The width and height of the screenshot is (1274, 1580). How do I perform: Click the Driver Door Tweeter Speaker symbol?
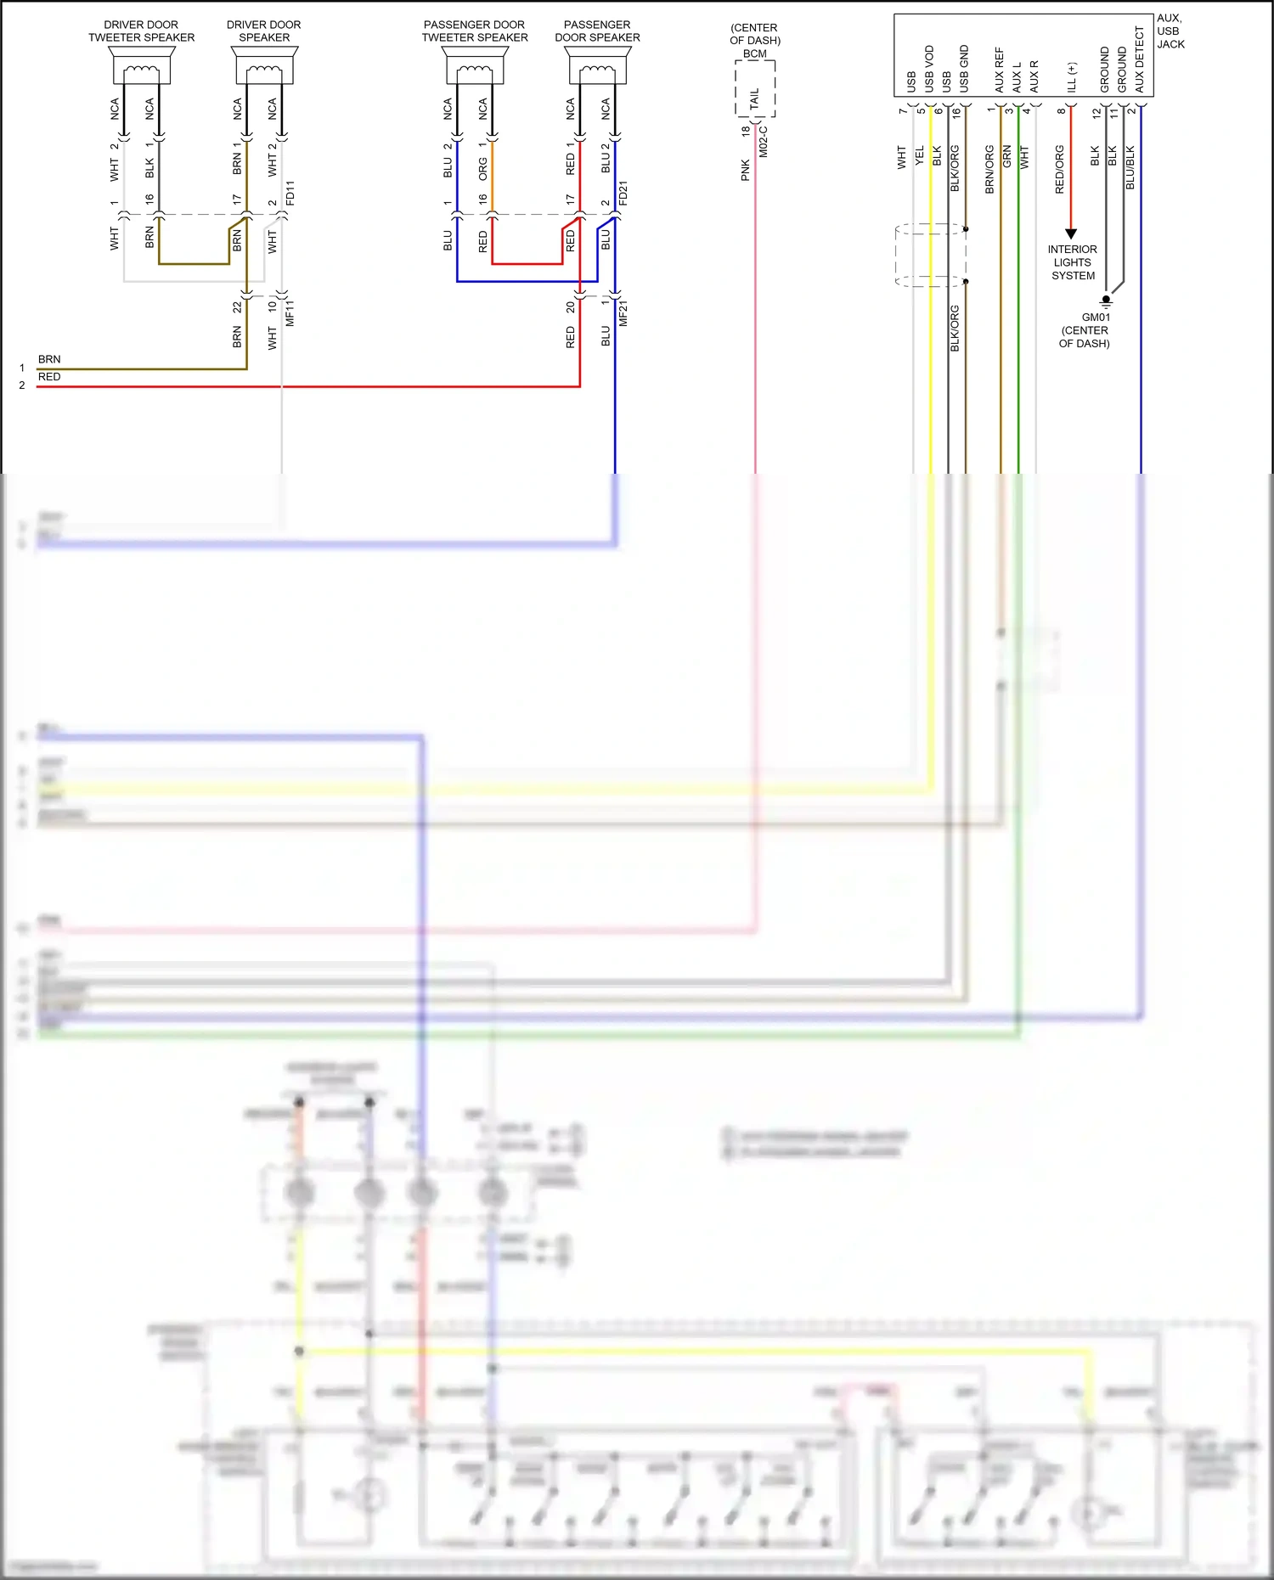click(142, 65)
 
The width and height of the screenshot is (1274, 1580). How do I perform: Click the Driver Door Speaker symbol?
click(264, 65)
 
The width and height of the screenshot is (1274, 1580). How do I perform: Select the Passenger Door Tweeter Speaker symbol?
click(475, 65)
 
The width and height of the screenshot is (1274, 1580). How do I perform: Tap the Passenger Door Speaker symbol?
click(598, 65)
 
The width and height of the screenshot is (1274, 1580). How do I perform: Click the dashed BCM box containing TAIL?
click(755, 90)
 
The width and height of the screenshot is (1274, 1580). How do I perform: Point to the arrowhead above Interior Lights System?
click(1071, 233)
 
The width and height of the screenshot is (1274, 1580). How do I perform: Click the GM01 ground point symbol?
click(1106, 300)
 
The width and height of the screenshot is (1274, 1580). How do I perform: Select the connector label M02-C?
click(764, 142)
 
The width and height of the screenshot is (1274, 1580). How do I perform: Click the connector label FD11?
click(290, 193)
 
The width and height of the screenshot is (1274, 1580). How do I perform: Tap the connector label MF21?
click(623, 313)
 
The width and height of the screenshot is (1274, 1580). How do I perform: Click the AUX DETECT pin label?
click(1140, 59)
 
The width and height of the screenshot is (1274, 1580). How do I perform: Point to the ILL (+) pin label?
click(1072, 77)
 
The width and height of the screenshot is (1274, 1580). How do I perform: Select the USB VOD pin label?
click(929, 69)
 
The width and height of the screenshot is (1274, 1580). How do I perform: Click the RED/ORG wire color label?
click(1059, 169)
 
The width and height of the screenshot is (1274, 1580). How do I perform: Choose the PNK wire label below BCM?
click(746, 170)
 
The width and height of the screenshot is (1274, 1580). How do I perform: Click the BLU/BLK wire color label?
click(1130, 167)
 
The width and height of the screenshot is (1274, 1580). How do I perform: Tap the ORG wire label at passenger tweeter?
click(482, 169)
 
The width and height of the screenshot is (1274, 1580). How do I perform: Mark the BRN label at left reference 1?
click(49, 359)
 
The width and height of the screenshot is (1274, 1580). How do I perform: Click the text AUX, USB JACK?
click(1170, 31)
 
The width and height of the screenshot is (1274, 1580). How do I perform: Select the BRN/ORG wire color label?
click(989, 169)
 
